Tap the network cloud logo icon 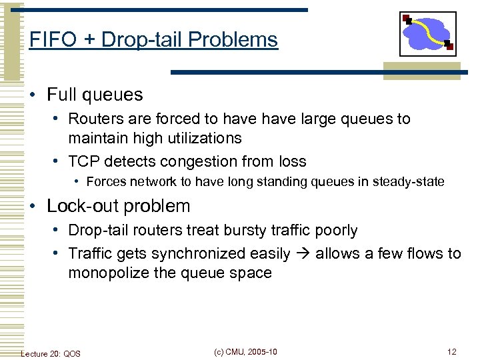coord(427,34)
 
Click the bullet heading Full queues coord(94,95)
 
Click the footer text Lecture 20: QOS coord(51,353)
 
